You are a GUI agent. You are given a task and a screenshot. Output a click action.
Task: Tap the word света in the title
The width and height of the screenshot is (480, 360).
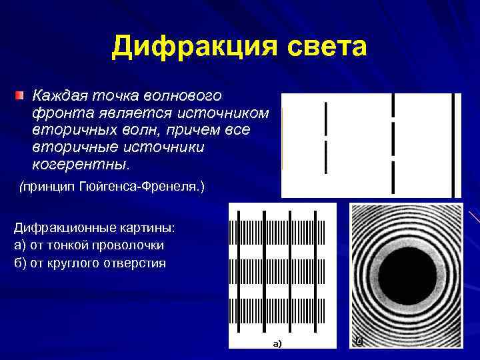[x=326, y=47]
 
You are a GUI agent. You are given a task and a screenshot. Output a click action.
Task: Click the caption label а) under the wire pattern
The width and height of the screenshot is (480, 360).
[x=277, y=344]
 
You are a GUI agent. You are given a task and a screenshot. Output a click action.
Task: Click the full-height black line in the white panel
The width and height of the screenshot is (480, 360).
[x=453, y=145]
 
